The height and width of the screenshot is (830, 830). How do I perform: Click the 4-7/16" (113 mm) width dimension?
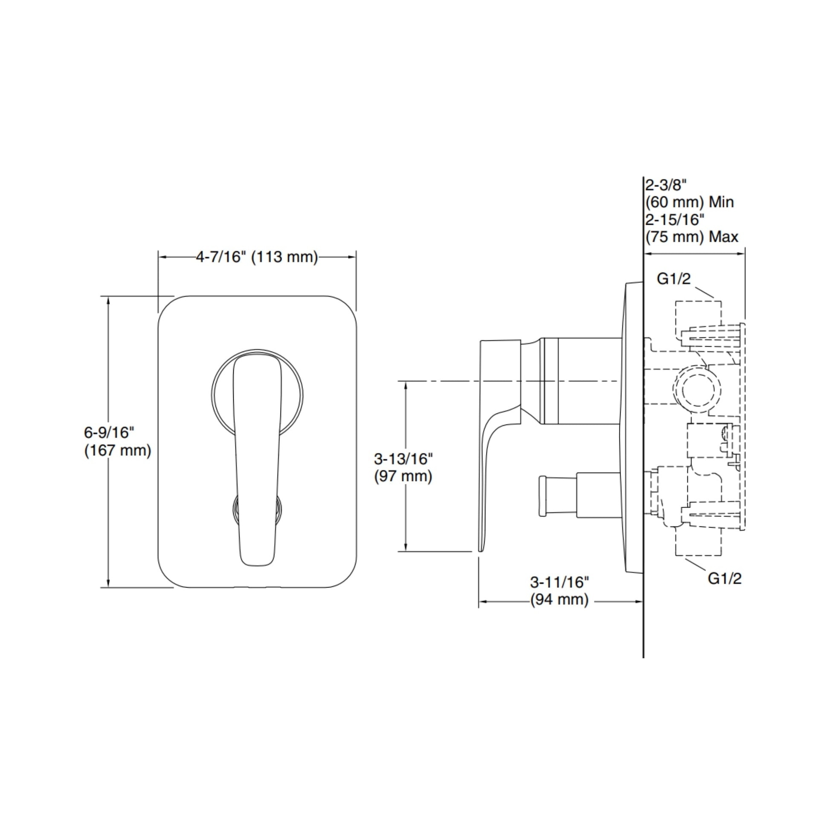click(257, 257)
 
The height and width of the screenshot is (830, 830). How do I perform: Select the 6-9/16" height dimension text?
click(110, 432)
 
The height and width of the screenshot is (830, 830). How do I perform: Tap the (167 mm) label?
click(118, 450)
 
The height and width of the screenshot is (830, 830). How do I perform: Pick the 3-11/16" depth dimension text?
click(559, 582)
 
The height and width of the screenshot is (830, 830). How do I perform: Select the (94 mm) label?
click(559, 599)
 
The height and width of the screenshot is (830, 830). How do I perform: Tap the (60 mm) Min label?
click(690, 202)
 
